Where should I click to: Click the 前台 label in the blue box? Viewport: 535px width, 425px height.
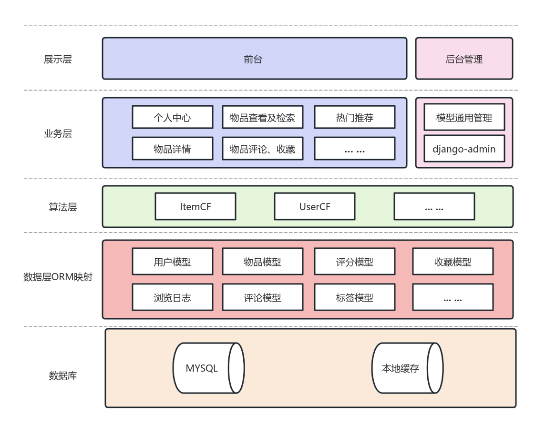[x=253, y=59]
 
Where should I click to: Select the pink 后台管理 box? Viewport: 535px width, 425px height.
[x=464, y=59]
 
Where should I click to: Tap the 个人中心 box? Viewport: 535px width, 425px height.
[x=172, y=118]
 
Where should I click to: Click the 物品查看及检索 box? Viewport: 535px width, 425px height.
[x=262, y=118]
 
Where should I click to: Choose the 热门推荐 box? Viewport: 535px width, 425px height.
[x=354, y=118]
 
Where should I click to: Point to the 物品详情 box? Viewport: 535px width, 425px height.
[x=172, y=149]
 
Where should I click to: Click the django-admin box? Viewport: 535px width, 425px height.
[x=464, y=149]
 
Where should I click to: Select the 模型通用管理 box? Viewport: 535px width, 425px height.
[x=464, y=118]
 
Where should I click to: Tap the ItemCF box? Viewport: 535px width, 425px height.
[x=195, y=207]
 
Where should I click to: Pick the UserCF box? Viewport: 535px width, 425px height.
[x=315, y=207]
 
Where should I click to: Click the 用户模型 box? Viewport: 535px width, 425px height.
[x=172, y=262]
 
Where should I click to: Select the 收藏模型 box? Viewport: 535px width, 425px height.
[x=453, y=262]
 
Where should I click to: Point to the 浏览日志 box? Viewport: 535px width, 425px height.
[x=172, y=298]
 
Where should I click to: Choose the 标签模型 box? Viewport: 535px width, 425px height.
[x=354, y=298]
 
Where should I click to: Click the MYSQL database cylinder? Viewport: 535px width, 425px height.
[x=208, y=368]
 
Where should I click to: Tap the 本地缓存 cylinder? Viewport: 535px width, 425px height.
[x=407, y=368]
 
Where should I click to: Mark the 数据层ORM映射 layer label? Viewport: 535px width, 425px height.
[x=58, y=277]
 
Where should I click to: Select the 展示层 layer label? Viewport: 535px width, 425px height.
[x=58, y=59]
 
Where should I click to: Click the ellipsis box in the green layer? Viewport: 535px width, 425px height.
[x=434, y=207]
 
